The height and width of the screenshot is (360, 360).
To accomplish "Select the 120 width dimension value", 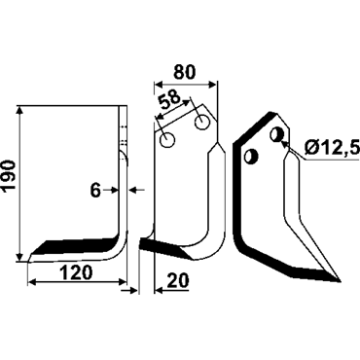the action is pyautogui.click(x=77, y=272).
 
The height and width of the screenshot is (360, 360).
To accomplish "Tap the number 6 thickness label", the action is pyautogui.click(x=95, y=191).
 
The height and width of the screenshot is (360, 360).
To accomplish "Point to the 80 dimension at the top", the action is pyautogui.click(x=185, y=72).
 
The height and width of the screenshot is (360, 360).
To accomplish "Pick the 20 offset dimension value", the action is pyautogui.click(x=178, y=280).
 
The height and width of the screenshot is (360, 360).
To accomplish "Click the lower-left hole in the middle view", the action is pyautogui.click(x=167, y=141).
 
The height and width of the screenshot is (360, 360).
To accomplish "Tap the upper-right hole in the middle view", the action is pyautogui.click(x=201, y=123).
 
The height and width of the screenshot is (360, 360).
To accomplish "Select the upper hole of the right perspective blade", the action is pyautogui.click(x=276, y=134).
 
